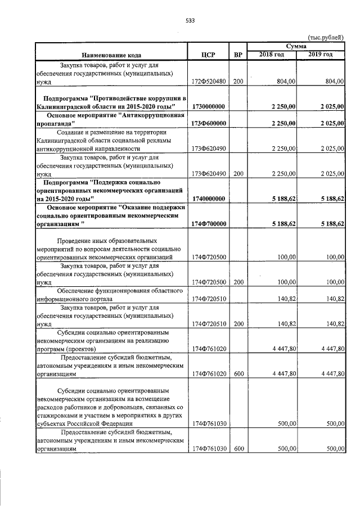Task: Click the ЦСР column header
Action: (x=209, y=55)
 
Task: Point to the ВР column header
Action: (x=238, y=55)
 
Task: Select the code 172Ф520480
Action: (x=209, y=82)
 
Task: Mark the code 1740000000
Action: (x=209, y=199)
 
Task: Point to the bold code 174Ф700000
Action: (x=209, y=223)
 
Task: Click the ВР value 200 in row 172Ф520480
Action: (x=238, y=82)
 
